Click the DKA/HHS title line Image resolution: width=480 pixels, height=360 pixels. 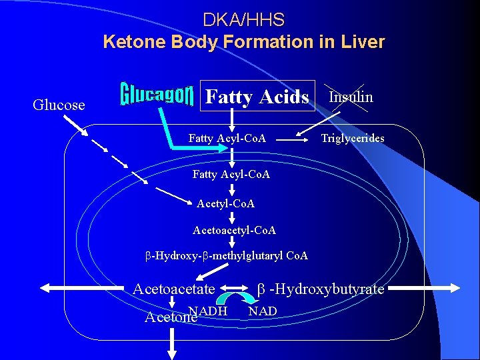coord(243,19)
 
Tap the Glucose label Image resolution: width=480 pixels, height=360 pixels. coord(59,105)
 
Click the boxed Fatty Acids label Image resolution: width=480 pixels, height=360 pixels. coord(257,97)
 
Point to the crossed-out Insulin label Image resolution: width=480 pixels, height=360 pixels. coord(351,97)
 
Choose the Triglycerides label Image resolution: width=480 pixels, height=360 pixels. coord(353,139)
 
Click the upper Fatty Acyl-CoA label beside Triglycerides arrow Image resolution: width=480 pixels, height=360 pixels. coord(227,139)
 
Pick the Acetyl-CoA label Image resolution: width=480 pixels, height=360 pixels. coord(226,203)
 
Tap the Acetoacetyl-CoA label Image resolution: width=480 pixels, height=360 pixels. coord(234,230)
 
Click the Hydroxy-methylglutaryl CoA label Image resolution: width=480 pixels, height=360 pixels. coord(227,256)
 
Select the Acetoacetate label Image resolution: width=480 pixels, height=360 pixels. coord(174,289)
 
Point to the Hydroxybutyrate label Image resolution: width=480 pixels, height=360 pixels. coord(321,289)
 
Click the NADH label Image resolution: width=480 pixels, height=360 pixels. coord(208,311)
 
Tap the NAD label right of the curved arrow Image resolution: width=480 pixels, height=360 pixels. coord(263,311)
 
